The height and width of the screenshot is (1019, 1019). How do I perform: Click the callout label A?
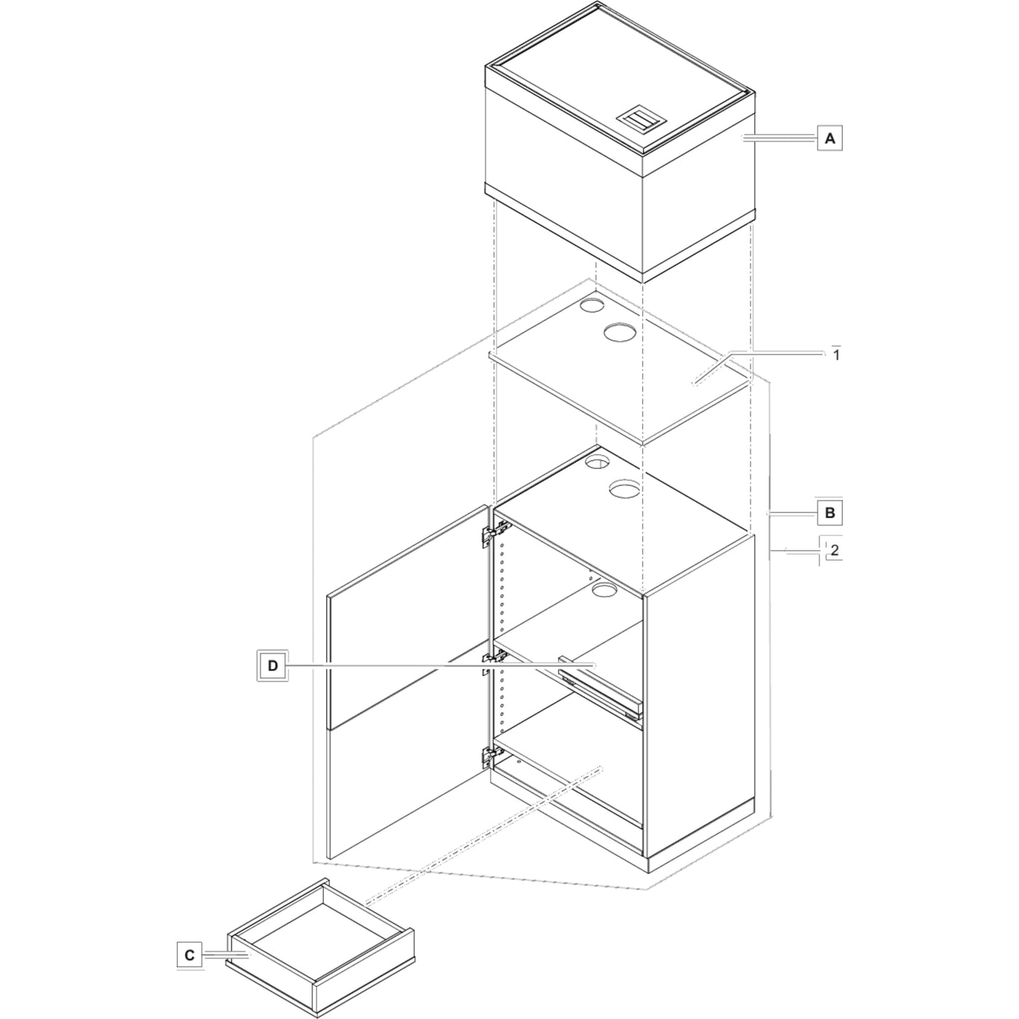(830, 138)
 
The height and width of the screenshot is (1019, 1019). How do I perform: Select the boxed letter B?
(830, 512)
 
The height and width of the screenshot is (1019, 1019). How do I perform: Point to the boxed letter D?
(273, 665)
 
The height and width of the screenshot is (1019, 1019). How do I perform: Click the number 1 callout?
(836, 354)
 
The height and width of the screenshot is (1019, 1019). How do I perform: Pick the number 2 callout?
(834, 550)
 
